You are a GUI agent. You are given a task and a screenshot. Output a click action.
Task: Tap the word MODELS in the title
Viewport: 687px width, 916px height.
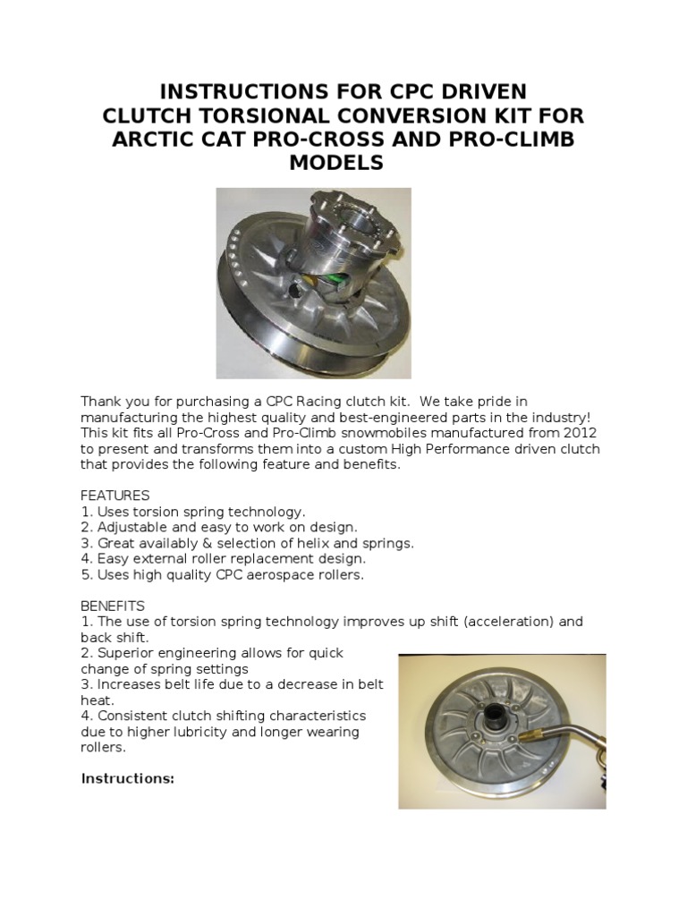point(336,163)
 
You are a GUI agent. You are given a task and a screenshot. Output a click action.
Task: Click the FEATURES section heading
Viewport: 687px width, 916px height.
point(115,495)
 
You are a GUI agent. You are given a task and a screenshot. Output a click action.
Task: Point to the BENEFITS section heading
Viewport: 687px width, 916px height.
point(113,606)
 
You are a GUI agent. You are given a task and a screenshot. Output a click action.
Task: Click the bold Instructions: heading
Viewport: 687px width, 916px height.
point(128,778)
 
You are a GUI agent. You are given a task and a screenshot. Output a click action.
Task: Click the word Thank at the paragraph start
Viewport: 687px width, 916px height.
point(100,401)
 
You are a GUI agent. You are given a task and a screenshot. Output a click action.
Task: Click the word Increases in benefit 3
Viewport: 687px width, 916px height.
point(128,684)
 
